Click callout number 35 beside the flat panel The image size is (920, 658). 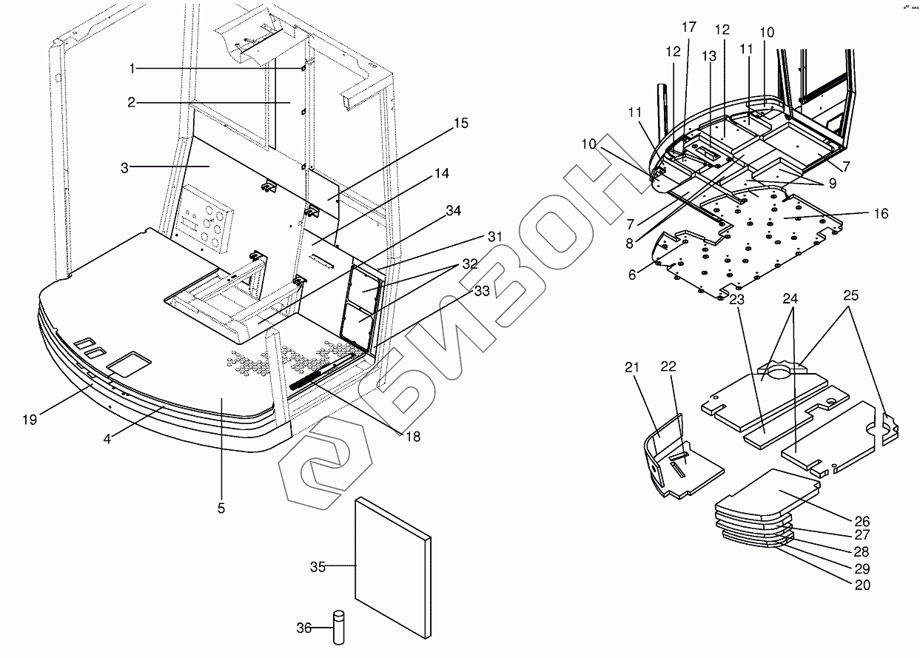[x=318, y=567]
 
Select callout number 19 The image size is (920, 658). [x=29, y=420]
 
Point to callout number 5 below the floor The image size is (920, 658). [x=221, y=508]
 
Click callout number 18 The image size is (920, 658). [x=412, y=437]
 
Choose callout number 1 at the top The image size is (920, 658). [x=132, y=68]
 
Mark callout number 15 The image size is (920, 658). [x=460, y=123]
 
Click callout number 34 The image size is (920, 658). [x=453, y=211]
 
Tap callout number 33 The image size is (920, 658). [x=482, y=292]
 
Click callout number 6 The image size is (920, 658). [x=632, y=274]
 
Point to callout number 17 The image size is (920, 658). [x=688, y=27]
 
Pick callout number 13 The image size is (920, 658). [x=710, y=57]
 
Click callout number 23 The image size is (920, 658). [x=736, y=300]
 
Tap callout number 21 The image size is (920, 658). [x=630, y=368]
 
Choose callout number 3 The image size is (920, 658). [x=126, y=167]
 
